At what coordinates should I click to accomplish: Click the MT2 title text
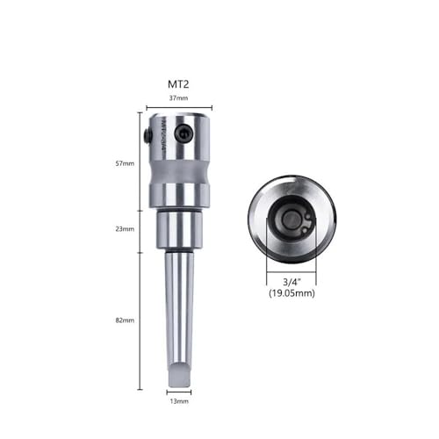pos(179,84)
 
